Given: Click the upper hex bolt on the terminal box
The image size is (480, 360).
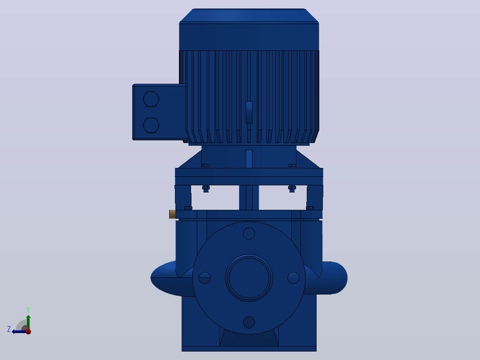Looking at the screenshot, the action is click(x=151, y=99).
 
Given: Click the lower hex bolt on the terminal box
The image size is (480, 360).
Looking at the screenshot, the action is click(x=151, y=125).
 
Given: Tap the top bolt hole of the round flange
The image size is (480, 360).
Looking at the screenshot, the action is click(x=249, y=233).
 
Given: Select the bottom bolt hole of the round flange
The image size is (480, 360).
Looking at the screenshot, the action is click(x=249, y=322).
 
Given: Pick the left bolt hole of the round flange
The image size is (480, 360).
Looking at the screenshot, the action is click(x=204, y=278).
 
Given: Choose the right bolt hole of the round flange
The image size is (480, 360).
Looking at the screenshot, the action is click(x=293, y=278).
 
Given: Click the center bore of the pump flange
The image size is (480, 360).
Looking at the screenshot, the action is click(x=249, y=278).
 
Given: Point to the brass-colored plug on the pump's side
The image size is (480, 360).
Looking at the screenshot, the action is click(x=172, y=214).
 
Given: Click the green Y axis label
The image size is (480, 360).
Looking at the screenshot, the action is click(x=28, y=310).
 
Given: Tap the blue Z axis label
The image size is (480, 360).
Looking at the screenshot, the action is click(x=9, y=329).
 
